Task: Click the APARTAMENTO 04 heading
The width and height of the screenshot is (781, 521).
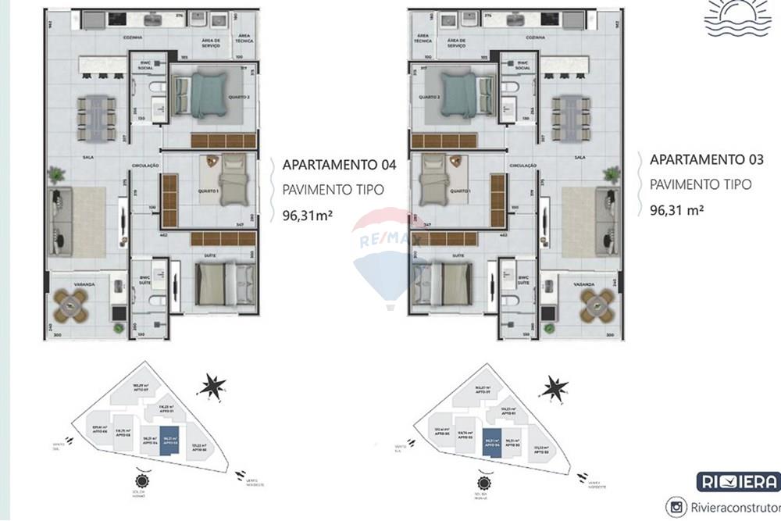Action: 339,165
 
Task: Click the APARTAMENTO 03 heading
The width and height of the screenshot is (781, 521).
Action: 706,159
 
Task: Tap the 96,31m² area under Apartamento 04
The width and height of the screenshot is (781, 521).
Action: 308,216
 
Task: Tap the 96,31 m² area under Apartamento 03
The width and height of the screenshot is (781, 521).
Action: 678,209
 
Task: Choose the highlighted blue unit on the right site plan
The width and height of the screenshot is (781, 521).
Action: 492,441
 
